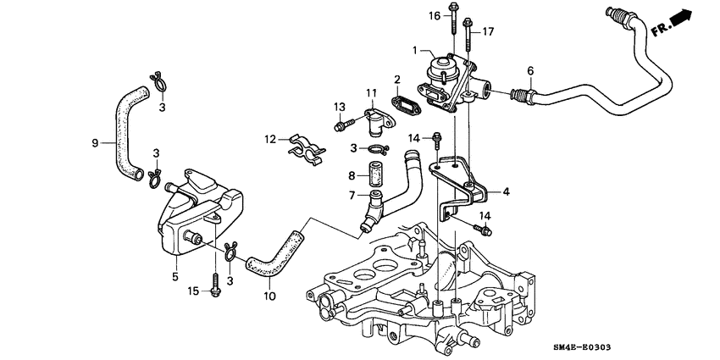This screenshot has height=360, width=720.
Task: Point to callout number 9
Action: coord(95,142)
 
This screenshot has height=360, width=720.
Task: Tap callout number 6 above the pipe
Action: coord(530,70)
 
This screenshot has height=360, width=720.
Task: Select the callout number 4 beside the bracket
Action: coord(506,192)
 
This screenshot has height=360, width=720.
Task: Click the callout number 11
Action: coord(370,91)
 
